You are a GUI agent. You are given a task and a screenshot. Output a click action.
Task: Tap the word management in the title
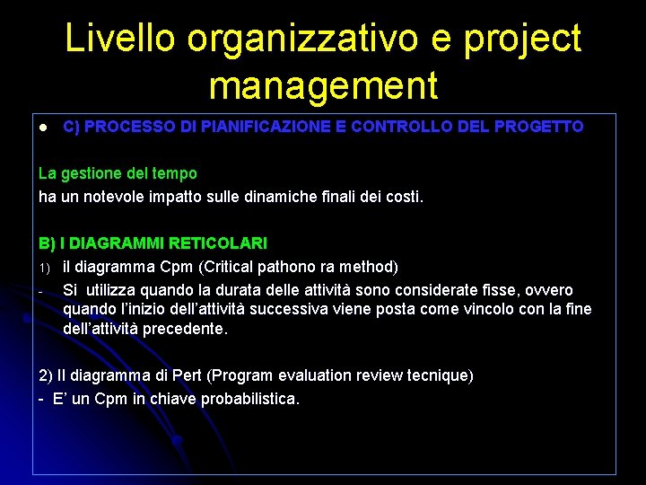click(323, 86)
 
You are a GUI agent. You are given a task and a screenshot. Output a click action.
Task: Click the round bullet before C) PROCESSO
click(42, 128)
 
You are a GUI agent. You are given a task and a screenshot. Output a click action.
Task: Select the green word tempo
click(174, 172)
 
